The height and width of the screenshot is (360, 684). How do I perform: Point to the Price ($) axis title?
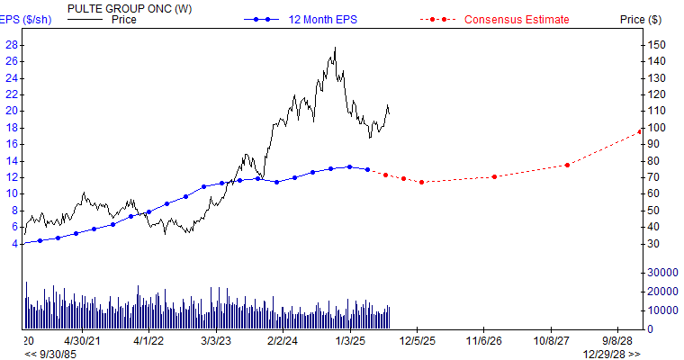641,20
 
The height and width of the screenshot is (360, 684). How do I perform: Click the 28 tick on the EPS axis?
13,44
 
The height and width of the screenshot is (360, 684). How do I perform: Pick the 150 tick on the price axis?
658,44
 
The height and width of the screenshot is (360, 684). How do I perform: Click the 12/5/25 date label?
418,342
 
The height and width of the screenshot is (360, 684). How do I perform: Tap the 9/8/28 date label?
617,342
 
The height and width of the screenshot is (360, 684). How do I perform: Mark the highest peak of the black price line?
335,48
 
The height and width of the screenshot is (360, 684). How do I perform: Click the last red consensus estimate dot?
640,131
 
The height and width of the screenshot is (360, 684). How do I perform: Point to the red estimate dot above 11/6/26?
494,176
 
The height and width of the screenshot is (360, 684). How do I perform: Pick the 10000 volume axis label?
662,310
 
